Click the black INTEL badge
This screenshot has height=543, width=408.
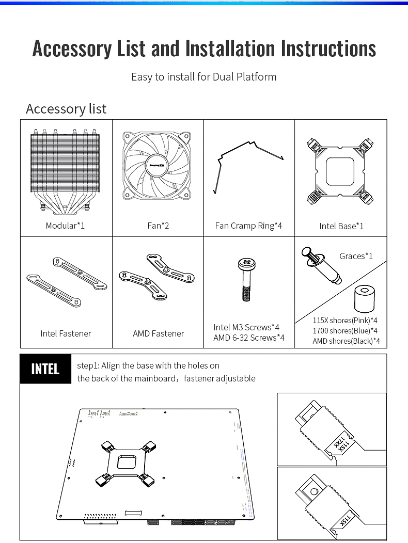pyautogui.click(x=45, y=369)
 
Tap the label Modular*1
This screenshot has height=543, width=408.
pyautogui.click(x=65, y=226)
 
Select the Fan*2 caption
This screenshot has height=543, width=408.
pyautogui.click(x=158, y=226)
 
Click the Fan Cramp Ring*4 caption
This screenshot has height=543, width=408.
pyautogui.click(x=248, y=226)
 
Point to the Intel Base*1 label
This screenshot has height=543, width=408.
pyautogui.click(x=341, y=226)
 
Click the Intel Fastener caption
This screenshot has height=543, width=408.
pyautogui.click(x=66, y=333)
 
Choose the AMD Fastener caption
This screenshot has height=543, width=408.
pyautogui.click(x=158, y=333)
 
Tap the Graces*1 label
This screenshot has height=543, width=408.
pyautogui.click(x=356, y=256)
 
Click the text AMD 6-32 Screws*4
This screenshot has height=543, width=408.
pyautogui.click(x=249, y=338)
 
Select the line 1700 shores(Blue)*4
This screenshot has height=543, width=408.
pyautogui.click(x=345, y=330)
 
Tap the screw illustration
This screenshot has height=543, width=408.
pyautogui.click(x=245, y=279)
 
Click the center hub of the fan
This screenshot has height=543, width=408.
pyautogui.click(x=158, y=165)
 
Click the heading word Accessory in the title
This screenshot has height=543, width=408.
pyautogui.click(x=71, y=49)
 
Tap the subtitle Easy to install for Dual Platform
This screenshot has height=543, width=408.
pyautogui.click(x=204, y=77)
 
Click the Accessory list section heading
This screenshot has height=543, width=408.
pyautogui.click(x=66, y=109)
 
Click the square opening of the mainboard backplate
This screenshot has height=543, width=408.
pyautogui.click(x=126, y=460)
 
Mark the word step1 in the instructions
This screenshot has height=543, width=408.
pyautogui.click(x=87, y=365)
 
